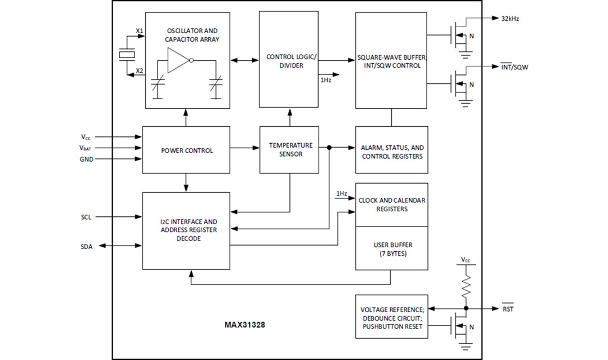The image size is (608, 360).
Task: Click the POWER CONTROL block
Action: (186, 150)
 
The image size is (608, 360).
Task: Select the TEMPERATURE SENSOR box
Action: (289, 150)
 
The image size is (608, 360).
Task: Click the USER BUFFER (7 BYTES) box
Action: (392, 248)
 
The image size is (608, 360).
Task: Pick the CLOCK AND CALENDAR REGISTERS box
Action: (392, 205)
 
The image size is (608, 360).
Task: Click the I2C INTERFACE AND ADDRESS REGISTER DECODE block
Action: (186, 230)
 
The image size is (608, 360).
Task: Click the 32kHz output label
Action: (510, 18)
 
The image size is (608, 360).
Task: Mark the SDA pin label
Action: (87, 247)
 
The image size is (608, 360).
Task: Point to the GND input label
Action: (87, 159)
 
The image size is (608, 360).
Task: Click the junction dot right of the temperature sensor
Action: (329, 148)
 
